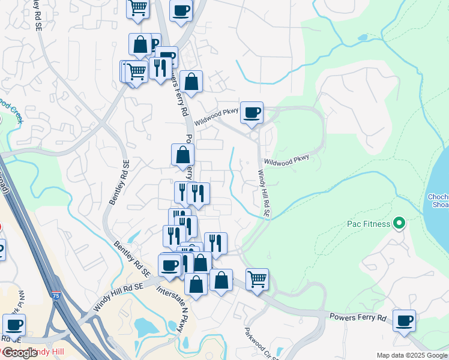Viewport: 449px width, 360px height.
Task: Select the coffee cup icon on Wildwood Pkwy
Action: point(252,112)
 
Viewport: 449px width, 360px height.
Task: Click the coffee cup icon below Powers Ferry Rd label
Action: point(405,320)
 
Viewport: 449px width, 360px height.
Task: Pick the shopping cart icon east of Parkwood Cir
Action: point(257,279)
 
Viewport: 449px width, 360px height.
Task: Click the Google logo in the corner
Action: point(19,353)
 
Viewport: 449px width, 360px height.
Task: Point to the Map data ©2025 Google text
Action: point(412,355)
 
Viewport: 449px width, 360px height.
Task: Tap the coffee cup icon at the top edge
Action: point(181,10)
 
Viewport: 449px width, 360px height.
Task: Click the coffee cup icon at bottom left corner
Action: point(14,326)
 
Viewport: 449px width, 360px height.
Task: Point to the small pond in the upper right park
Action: point(361,38)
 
